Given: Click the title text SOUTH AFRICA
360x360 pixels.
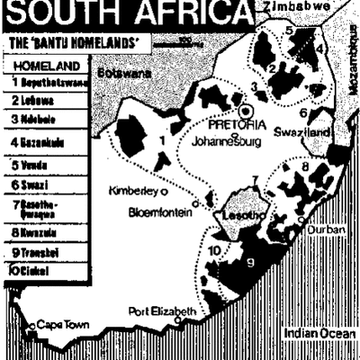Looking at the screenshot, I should click(x=126, y=13).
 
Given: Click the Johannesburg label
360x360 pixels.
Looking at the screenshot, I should click(x=232, y=140).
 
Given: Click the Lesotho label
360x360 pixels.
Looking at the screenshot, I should click(x=231, y=218).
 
